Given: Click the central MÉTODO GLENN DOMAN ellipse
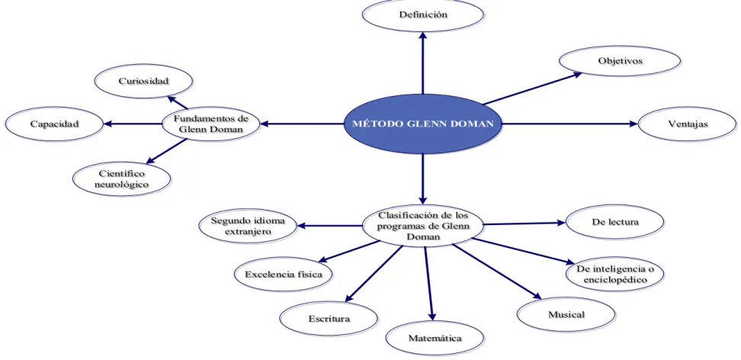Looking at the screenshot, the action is click(422, 124).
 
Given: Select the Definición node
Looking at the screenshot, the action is click(423, 14).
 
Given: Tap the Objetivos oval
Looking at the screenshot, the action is click(620, 60).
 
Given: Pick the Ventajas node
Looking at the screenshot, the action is click(687, 124).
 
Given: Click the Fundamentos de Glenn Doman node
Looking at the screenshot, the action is click(210, 124).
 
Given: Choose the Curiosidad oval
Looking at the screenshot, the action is click(143, 81).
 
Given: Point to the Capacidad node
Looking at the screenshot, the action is click(54, 124).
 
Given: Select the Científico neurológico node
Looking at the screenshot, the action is click(122, 178).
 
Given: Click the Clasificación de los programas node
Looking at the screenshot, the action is click(423, 226).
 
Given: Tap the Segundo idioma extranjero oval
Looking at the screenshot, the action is click(248, 226).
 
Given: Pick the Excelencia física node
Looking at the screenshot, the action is click(284, 275).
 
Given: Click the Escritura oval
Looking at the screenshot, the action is click(329, 318).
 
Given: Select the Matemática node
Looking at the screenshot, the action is click(435, 338).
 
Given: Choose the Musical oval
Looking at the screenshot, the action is click(566, 314).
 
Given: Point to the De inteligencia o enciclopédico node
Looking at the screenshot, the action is click(614, 275).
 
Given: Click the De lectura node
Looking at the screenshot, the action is click(614, 221).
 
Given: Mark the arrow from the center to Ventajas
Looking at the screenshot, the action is click(570, 124).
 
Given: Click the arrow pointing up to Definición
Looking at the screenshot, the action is click(423, 63).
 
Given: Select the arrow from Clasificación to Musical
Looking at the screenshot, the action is click(497, 272).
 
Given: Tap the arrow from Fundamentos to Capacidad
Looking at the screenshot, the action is click(133, 124).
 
